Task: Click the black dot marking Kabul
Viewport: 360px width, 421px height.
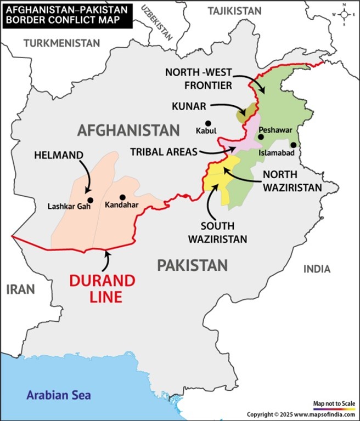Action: pos(208,123)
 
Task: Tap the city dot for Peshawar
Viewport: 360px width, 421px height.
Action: pos(261,121)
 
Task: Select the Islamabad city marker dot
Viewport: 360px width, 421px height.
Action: pos(294,145)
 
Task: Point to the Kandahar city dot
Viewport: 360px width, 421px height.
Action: pos(122,197)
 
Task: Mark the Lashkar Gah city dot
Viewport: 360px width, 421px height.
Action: pos(90,200)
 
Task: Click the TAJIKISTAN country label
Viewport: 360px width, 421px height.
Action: pos(235,11)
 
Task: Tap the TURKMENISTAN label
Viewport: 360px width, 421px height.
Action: pos(62,43)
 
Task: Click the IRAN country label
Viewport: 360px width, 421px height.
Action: pos(20,289)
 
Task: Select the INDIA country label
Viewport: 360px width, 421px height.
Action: pos(317,269)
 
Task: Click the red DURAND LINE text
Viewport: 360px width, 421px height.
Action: pos(102,289)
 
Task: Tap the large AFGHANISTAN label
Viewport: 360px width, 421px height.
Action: pos(128,130)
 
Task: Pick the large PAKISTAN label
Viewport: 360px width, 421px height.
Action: pos(192,266)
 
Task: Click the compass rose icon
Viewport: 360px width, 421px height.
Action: pos(344,15)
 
